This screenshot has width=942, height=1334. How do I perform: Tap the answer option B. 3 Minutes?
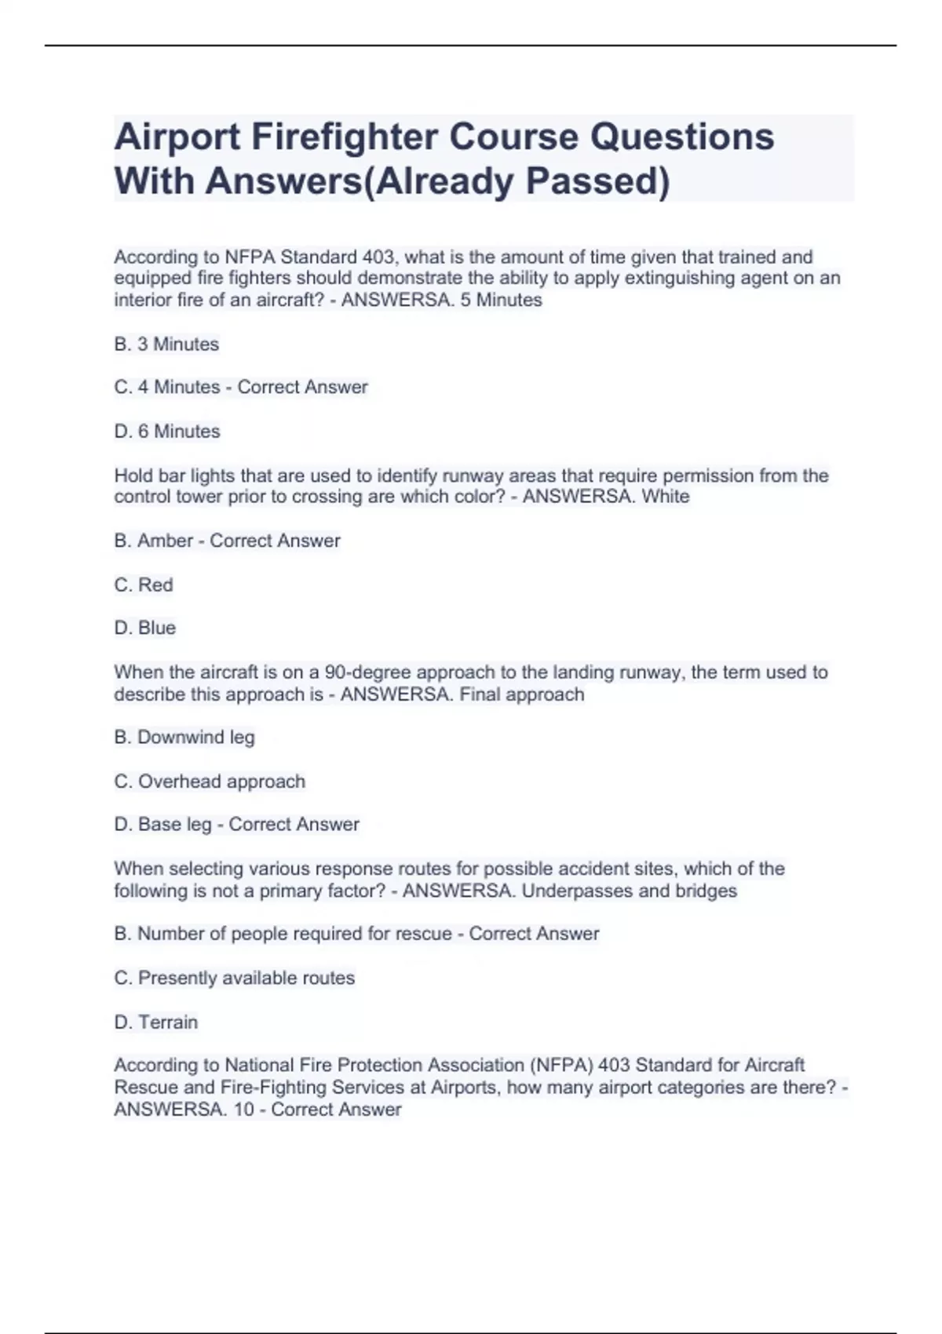(166, 344)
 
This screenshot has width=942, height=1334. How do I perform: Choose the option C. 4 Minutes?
(167, 387)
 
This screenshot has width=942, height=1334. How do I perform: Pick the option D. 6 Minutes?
(167, 431)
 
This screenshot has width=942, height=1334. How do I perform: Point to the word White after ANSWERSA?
(666, 497)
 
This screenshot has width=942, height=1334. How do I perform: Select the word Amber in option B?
(165, 541)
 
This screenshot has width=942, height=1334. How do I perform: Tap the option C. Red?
(144, 585)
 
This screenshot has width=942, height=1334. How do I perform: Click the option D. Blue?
(145, 628)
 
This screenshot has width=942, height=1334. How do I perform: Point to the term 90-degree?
(367, 672)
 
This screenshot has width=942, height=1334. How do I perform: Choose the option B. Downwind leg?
(184, 737)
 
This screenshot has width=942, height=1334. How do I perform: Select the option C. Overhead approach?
(210, 782)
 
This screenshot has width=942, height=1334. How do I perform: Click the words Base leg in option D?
(174, 824)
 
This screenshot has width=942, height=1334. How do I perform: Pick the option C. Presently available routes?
(235, 978)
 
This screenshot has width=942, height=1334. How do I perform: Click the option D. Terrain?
(156, 1022)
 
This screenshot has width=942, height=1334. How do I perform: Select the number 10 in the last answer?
(243, 1110)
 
